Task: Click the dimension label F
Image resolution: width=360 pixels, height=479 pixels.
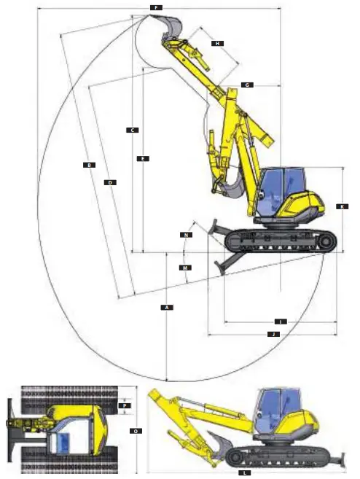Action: tap(155, 7)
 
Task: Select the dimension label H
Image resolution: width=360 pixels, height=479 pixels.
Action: tap(216, 44)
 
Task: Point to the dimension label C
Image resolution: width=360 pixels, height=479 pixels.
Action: tap(133, 131)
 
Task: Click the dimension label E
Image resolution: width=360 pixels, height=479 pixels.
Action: tap(143, 158)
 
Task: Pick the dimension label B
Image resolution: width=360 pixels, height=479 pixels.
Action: tap(89, 165)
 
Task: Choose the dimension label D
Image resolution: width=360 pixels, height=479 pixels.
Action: tap(110, 182)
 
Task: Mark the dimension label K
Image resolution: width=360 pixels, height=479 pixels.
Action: tap(341, 206)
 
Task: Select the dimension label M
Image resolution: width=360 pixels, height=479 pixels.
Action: tap(186, 268)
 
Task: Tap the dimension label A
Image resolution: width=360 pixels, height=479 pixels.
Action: tap(167, 308)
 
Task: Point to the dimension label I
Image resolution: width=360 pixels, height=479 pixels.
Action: tap(280, 321)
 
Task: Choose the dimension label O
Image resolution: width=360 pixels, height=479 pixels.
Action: tap(136, 431)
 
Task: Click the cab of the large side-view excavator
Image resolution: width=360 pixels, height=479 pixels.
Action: tap(282, 188)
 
